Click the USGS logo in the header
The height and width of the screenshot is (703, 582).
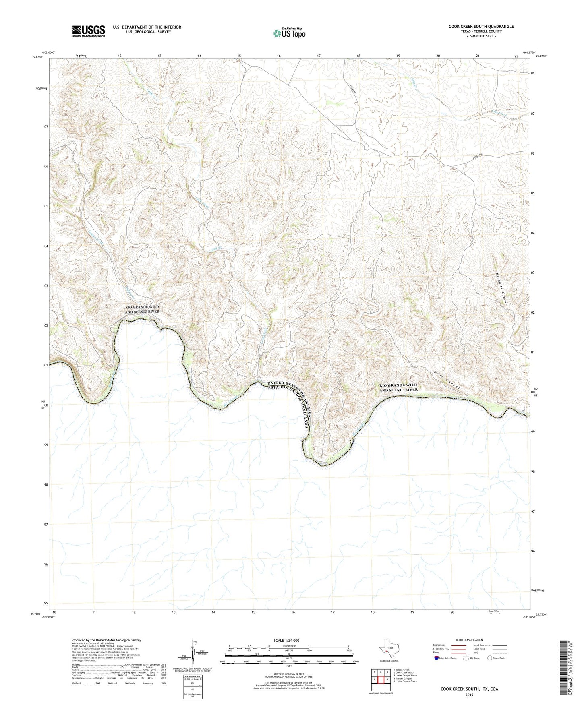tap(88, 31)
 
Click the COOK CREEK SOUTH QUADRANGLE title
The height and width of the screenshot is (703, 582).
tap(481, 27)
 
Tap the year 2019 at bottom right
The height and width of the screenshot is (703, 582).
tap(469, 695)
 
